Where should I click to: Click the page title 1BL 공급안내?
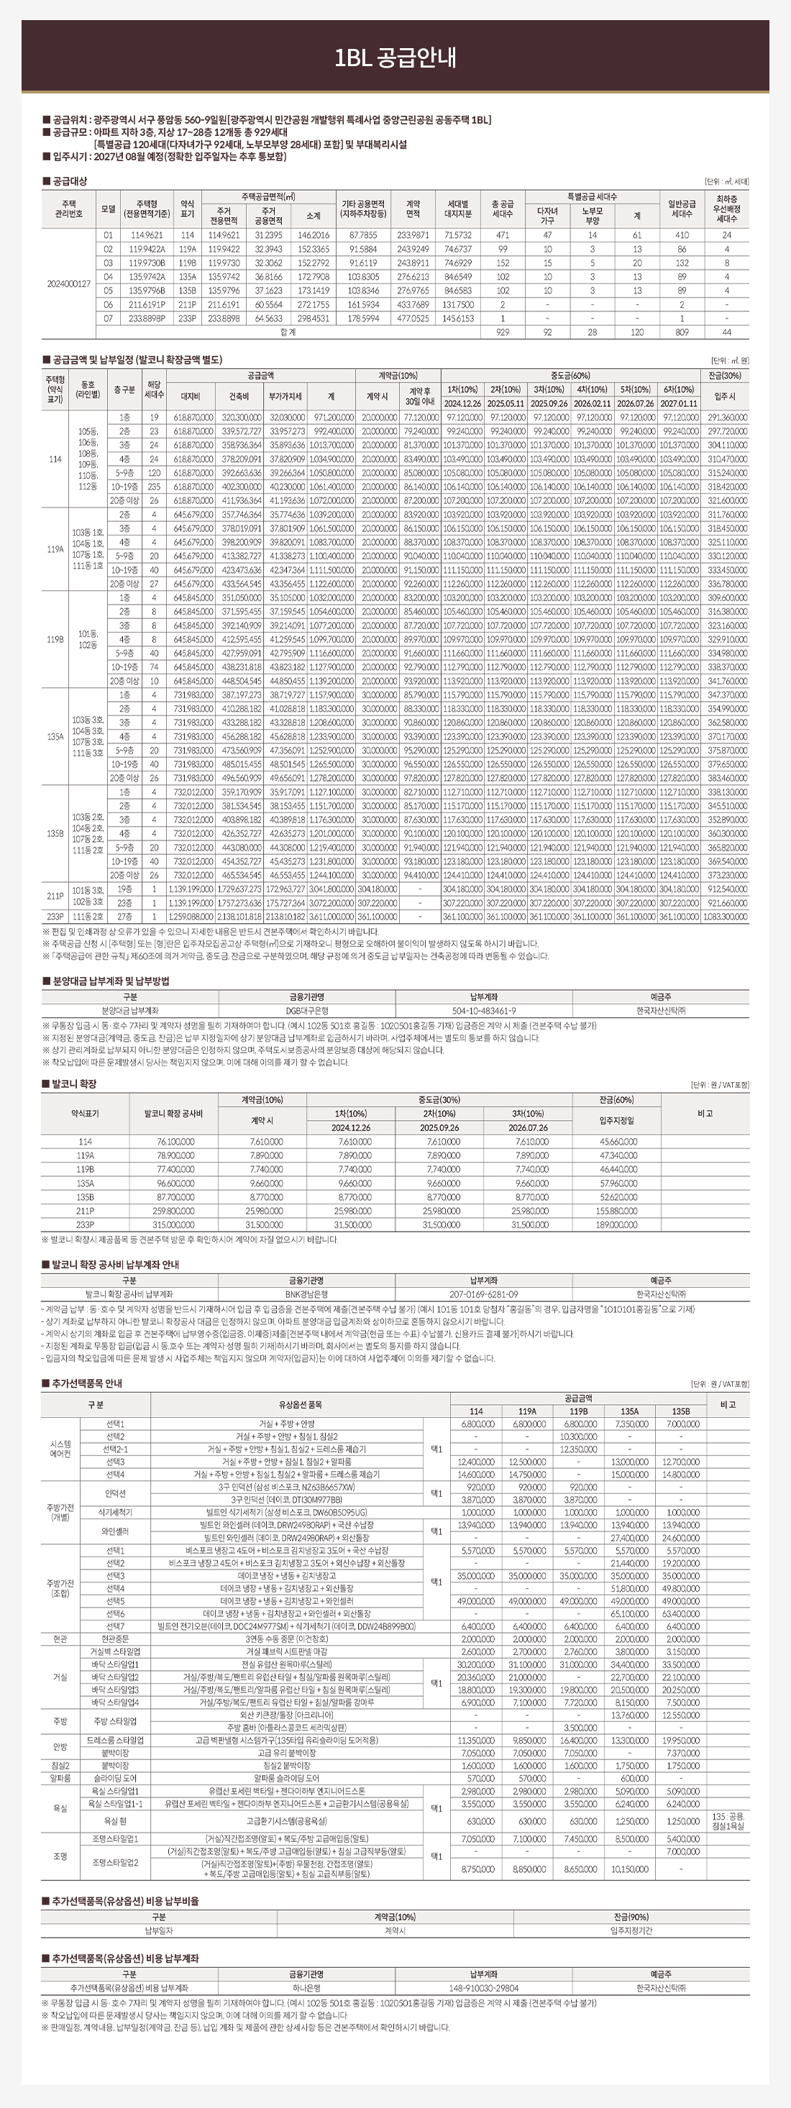[395, 58]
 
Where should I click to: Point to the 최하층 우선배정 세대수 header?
[726, 208]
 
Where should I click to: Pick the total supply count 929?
[502, 332]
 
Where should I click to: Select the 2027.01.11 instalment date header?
[679, 403]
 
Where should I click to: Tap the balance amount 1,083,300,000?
[725, 917]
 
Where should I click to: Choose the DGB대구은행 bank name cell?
[306, 1011]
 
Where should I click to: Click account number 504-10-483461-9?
[484, 1011]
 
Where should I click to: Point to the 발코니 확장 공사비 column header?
[173, 1114]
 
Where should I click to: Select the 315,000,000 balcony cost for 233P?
[173, 1225]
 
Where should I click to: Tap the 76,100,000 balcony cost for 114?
[173, 1142]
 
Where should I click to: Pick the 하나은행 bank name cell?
[306, 1988]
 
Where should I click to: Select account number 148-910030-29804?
[484, 1988]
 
